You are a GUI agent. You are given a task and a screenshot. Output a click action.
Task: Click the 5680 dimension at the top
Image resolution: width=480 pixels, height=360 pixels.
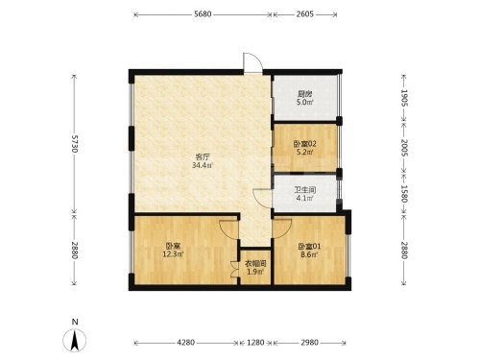(x=203, y=14)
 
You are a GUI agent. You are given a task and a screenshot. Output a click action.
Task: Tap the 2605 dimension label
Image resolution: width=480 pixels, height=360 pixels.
(x=304, y=14)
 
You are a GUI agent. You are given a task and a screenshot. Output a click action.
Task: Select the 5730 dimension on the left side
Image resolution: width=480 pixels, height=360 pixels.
(x=74, y=144)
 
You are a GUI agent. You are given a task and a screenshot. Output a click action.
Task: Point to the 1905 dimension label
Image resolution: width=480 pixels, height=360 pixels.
(x=404, y=98)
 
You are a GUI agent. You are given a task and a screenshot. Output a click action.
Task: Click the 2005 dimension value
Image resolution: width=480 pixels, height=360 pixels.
(x=404, y=148)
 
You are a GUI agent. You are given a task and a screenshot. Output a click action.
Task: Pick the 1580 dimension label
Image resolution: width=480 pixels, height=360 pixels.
(x=404, y=194)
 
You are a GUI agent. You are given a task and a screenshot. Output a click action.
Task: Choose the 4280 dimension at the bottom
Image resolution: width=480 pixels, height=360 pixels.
(x=186, y=343)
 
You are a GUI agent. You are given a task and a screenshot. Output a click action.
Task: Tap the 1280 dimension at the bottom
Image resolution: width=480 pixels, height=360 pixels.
(x=255, y=343)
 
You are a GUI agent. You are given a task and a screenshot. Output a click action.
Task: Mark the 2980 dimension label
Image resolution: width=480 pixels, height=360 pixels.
(x=309, y=343)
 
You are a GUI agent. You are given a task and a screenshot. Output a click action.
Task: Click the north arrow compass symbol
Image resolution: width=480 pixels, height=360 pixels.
(x=75, y=341)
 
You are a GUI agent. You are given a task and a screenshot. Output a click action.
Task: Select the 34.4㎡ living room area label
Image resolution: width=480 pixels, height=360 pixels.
(x=203, y=165)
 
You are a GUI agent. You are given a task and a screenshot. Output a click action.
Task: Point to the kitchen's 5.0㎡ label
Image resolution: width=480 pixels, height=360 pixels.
(x=304, y=103)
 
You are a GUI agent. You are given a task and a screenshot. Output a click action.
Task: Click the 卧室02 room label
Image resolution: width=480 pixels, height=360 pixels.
(x=305, y=144)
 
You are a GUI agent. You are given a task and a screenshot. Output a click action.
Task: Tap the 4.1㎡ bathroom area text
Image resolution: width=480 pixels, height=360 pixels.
(x=304, y=198)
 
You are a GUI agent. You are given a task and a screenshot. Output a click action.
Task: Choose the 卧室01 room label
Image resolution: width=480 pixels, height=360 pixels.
(x=309, y=247)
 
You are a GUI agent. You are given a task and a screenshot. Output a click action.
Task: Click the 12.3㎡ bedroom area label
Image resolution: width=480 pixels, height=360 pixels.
(x=173, y=254)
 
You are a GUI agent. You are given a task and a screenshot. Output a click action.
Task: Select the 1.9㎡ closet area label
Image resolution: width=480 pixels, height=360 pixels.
(x=255, y=272)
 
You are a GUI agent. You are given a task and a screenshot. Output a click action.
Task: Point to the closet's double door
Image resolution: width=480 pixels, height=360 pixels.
(x=234, y=270)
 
